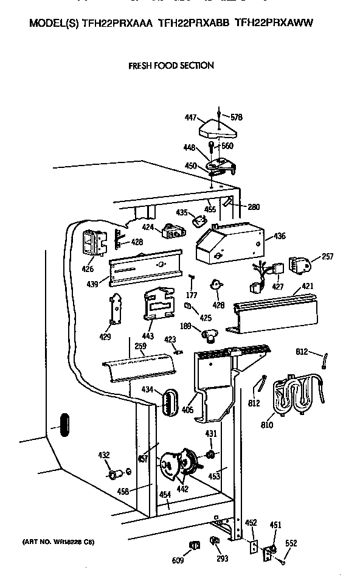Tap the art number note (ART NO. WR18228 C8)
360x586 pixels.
tap(59, 542)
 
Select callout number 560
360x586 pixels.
tap(227, 145)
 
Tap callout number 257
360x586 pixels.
tap(327, 257)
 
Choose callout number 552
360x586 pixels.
tap(291, 543)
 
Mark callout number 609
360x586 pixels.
tap(177, 560)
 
